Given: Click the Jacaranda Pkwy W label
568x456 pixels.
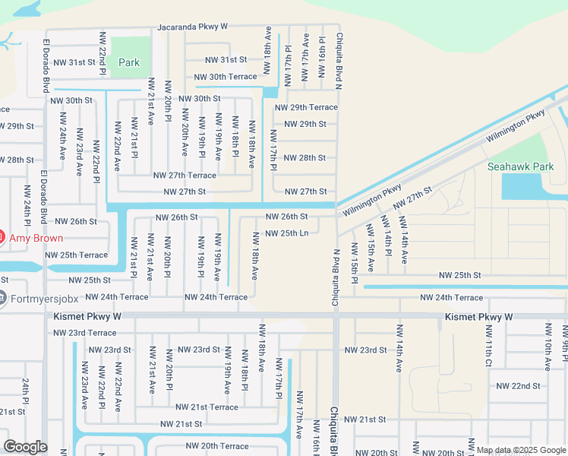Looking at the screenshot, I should (x=193, y=27).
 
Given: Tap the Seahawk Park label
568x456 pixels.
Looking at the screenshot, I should (x=521, y=166).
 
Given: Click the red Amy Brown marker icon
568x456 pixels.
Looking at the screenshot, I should (x=2, y=238).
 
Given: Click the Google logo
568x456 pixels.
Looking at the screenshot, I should (x=25, y=447).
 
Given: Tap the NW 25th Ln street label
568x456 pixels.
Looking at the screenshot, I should (x=286, y=233).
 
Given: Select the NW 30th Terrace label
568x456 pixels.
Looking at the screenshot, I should (x=226, y=77).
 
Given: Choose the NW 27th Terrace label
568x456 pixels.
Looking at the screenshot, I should (x=185, y=175).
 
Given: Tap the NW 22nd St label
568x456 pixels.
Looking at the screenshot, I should (x=518, y=386).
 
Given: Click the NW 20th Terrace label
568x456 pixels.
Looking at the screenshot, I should (x=217, y=446).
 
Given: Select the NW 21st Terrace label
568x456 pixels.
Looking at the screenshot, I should (x=207, y=407).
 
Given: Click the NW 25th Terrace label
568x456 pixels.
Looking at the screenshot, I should (x=77, y=255).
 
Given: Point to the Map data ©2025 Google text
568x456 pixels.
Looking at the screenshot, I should (x=520, y=451).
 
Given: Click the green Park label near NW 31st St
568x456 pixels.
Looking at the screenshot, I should (x=128, y=62).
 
